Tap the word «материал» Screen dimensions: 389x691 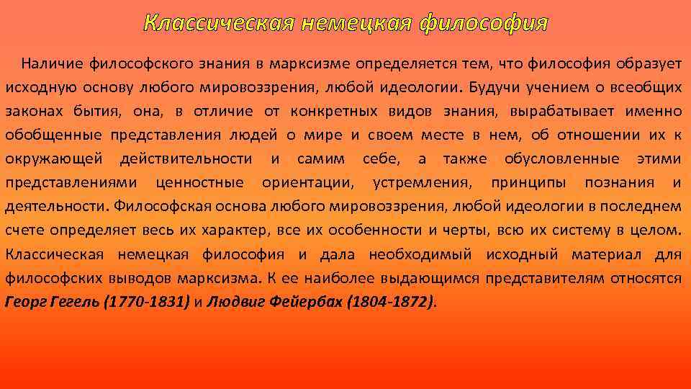[608, 254]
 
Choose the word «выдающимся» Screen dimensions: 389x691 [435, 277]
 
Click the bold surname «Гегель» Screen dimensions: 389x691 [78, 301]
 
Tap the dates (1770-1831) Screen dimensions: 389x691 [147, 301]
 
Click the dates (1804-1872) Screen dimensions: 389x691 [390, 301]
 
